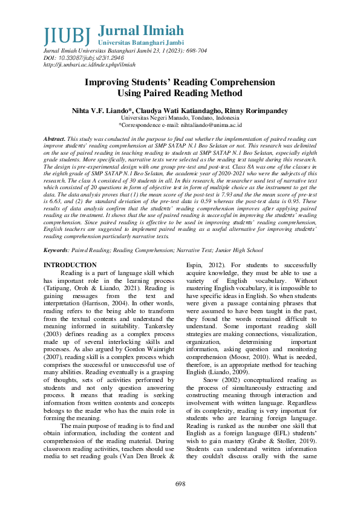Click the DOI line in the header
pyautogui.click(x=77, y=58)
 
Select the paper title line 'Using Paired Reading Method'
pyautogui.click(x=180, y=94)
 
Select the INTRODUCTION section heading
pyautogui.click(x=70, y=265)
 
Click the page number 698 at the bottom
pyautogui.click(x=180, y=485)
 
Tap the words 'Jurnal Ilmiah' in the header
pyautogui.click(x=140, y=31)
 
